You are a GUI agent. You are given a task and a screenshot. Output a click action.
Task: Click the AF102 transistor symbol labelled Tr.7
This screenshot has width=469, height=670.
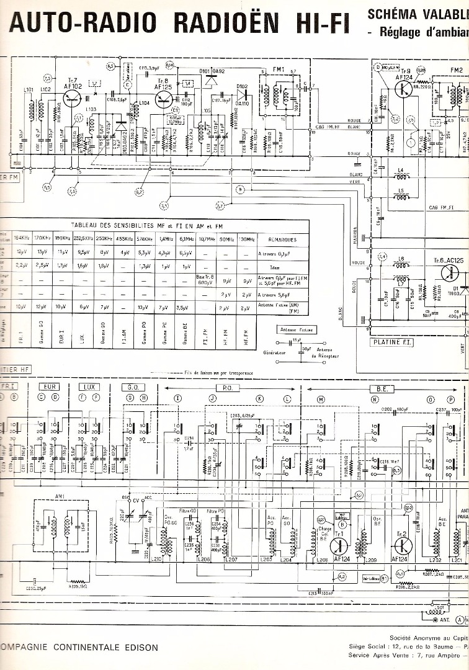tap(73, 100)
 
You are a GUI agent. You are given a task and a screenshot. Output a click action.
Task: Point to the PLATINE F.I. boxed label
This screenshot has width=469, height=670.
tap(392, 342)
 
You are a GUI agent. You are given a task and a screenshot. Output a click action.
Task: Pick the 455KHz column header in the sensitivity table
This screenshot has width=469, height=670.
tap(125, 239)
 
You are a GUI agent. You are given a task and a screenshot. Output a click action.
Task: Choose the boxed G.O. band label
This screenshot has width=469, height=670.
tap(136, 386)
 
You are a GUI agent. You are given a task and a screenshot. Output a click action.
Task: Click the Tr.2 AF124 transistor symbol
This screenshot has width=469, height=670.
tap(402, 545)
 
